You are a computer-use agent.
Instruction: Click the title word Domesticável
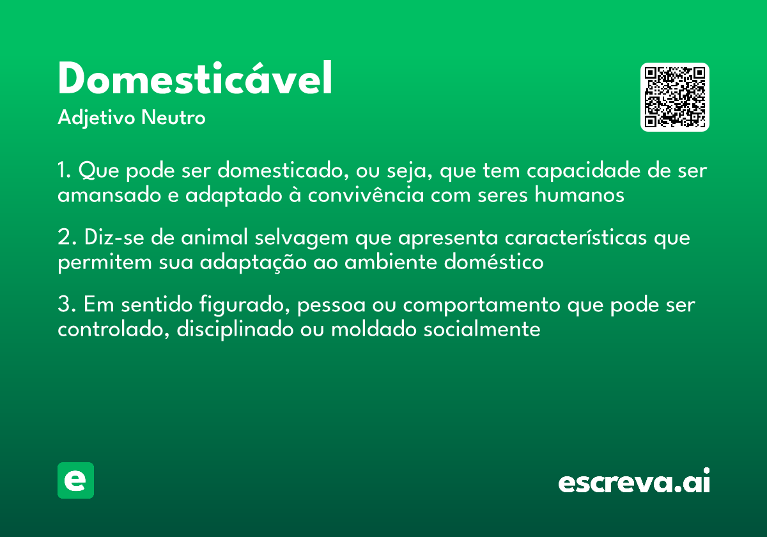point(195,79)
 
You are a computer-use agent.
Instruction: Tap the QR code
point(675,97)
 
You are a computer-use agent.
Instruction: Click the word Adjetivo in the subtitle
point(97,118)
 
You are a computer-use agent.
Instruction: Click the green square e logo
point(75,480)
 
